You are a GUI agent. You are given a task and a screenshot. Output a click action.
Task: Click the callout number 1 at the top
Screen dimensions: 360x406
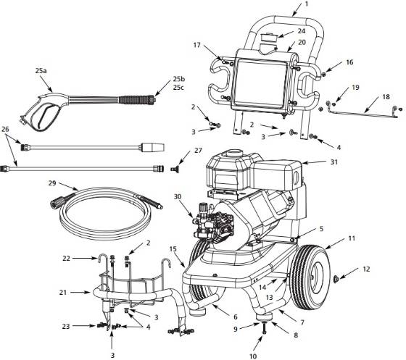(x=305, y=4)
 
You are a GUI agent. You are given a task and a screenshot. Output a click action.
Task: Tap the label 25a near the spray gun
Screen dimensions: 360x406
(x=40, y=72)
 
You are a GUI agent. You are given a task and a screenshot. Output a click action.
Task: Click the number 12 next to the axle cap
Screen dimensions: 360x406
(x=366, y=269)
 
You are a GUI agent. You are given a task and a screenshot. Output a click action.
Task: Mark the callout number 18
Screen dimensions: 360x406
(x=386, y=96)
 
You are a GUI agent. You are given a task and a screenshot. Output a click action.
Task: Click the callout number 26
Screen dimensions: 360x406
(x=6, y=130)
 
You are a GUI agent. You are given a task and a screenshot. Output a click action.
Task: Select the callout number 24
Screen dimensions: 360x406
(x=301, y=31)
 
